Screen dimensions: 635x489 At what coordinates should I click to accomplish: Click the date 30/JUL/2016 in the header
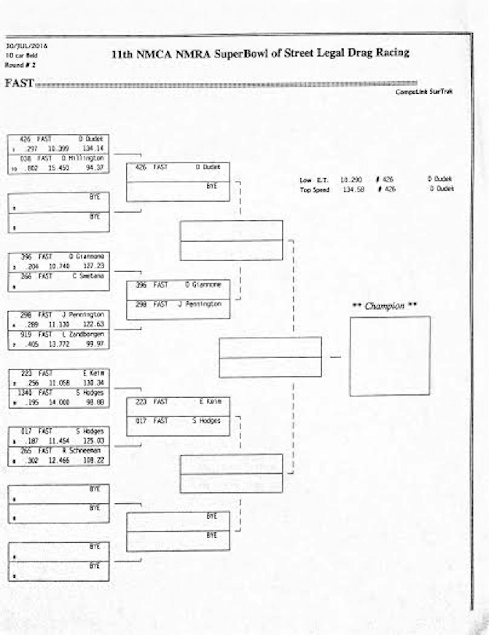coord(26,46)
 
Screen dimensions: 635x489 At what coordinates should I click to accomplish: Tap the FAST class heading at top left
coord(19,83)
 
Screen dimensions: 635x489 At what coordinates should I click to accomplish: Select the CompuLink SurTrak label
coord(423,92)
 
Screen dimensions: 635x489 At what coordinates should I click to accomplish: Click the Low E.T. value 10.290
coord(351,180)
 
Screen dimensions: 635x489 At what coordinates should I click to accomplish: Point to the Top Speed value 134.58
coord(353,189)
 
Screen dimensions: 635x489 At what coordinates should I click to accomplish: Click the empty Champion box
coord(389,356)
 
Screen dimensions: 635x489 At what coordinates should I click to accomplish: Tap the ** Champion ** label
coord(384,306)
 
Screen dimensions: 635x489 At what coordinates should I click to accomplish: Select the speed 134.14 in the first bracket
coord(93,148)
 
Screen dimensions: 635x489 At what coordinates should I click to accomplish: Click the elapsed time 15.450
coord(59,168)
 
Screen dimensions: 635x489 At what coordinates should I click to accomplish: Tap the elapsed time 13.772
coord(59,344)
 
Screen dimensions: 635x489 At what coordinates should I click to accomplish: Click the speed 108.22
coord(93,460)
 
